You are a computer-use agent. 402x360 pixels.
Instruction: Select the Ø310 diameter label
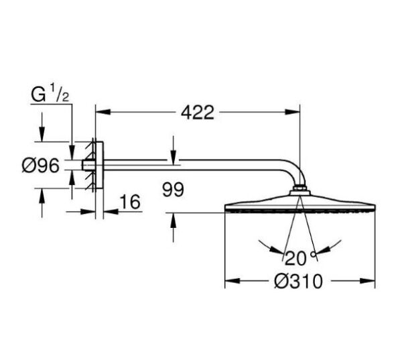tap(299, 282)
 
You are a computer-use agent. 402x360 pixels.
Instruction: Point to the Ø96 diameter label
tap(41, 165)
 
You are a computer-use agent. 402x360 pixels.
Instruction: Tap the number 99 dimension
tap(173, 190)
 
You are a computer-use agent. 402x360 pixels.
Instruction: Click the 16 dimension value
tap(132, 202)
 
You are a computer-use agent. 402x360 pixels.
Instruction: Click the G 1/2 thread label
tap(51, 93)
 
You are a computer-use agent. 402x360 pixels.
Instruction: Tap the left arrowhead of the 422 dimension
tap(100, 113)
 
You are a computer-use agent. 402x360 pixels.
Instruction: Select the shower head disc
tap(299, 204)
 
